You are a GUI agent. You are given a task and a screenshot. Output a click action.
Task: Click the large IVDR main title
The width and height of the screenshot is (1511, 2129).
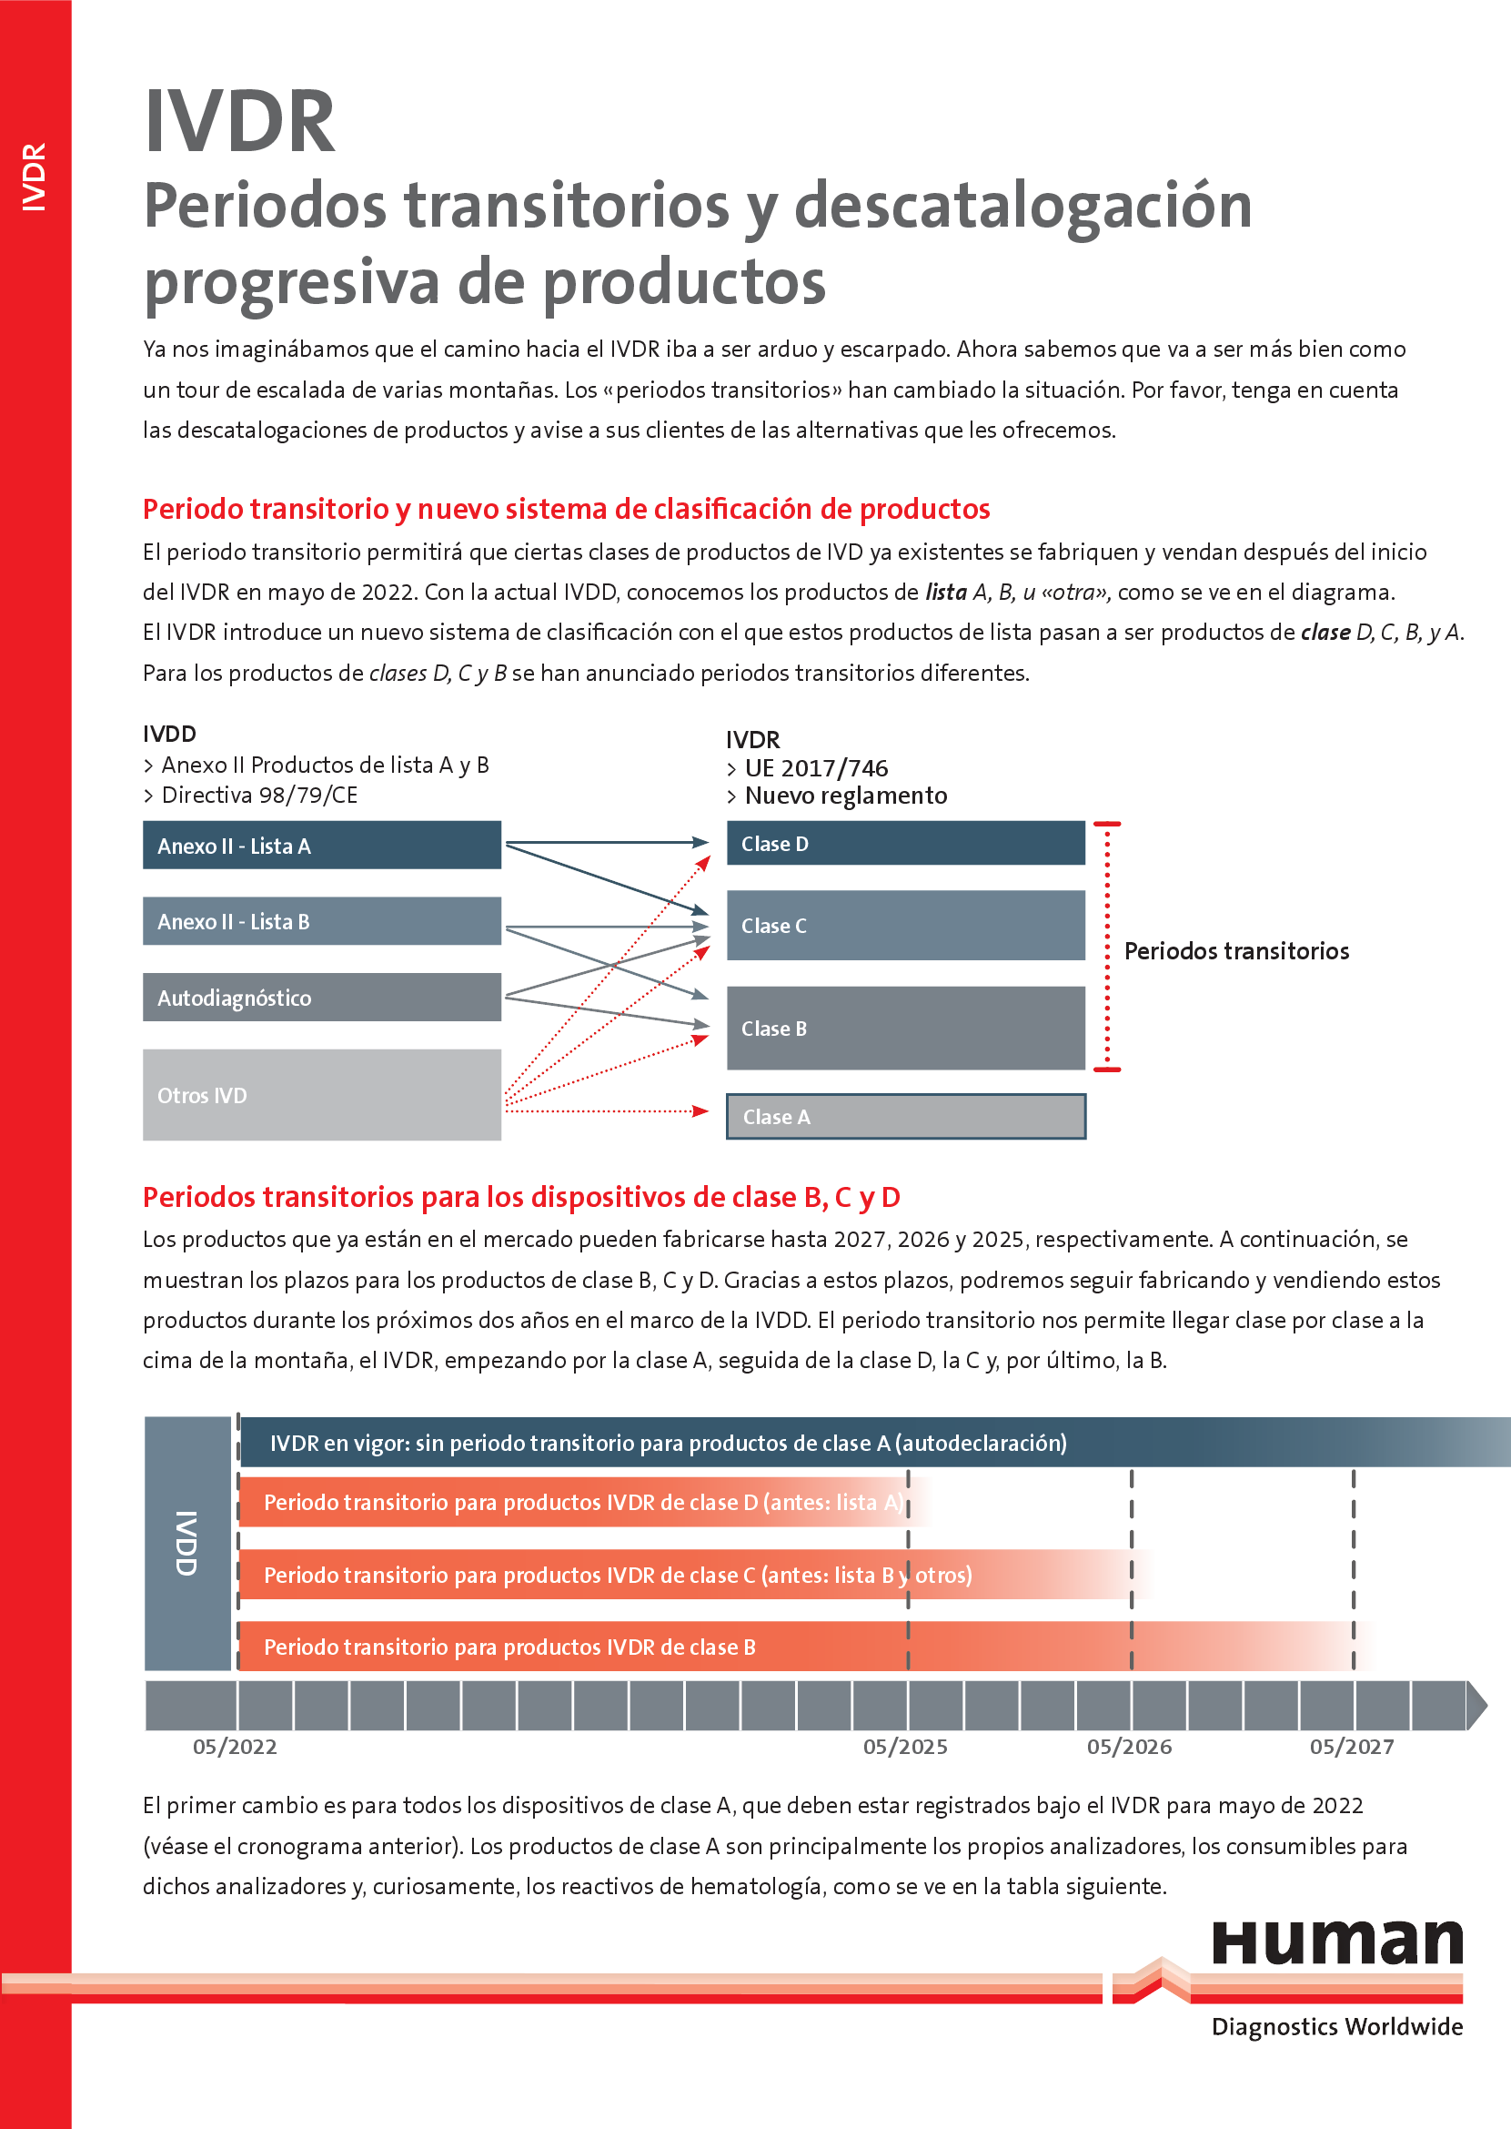[240, 122]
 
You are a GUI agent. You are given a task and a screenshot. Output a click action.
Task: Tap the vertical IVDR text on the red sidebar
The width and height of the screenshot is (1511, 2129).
[35, 177]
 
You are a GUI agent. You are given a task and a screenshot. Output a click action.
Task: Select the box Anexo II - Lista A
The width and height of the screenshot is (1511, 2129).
[322, 845]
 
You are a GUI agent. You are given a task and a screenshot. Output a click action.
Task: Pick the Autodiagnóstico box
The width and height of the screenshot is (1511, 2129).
[322, 997]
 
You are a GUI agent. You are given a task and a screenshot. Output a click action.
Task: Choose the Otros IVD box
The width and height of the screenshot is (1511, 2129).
[322, 1095]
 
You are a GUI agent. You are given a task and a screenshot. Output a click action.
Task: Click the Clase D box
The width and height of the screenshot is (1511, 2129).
[905, 843]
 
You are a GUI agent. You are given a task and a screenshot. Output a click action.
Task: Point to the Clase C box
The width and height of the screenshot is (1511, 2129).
[905, 925]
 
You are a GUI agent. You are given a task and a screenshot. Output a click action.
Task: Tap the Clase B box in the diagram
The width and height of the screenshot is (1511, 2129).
[905, 1028]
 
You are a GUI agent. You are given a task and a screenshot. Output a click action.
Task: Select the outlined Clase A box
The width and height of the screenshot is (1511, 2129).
[905, 1116]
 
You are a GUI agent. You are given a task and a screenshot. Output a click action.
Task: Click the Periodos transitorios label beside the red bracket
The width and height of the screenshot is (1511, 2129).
[1236, 950]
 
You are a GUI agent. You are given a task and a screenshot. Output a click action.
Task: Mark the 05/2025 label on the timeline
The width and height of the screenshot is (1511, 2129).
[905, 1747]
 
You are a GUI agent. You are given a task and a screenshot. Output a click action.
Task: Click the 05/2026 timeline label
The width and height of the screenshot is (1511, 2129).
[1129, 1747]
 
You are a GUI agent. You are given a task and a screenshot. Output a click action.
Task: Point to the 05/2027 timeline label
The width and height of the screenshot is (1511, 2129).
[1352, 1747]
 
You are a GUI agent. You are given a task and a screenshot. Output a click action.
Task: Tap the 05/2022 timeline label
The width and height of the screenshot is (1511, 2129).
[235, 1747]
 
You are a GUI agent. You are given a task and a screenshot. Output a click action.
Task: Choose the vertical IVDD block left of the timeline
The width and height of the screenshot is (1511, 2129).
[187, 1543]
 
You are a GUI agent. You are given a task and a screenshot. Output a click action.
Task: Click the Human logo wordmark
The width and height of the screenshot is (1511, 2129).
[1337, 1943]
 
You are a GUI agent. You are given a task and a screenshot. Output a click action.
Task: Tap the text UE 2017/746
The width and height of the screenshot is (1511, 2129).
[816, 768]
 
